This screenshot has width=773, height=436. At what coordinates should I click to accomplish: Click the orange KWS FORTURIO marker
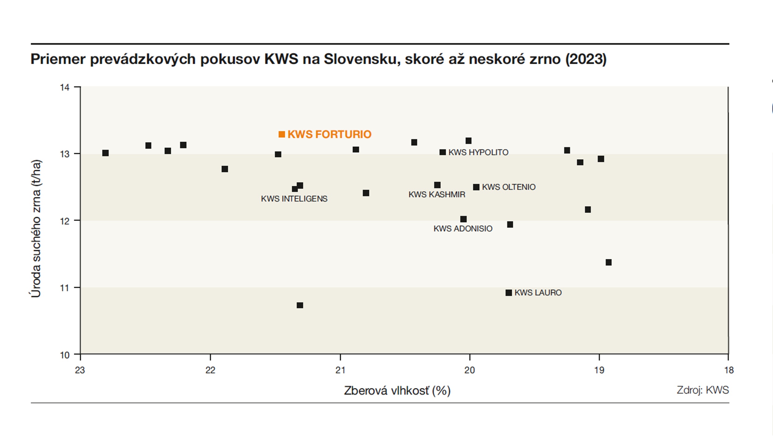click(281, 134)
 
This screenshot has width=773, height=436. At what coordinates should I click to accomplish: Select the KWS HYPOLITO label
click(478, 152)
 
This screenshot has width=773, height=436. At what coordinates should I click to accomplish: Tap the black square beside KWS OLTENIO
click(476, 187)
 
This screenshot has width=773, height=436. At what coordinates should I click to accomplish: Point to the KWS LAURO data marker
click(509, 293)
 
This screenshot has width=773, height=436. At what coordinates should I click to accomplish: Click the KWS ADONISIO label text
click(463, 229)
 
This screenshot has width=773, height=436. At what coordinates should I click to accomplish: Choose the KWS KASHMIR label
click(437, 194)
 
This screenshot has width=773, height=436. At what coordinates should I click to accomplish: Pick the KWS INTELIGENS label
click(294, 199)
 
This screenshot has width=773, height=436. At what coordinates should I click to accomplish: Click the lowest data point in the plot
click(300, 305)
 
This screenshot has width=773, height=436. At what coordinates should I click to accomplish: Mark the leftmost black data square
click(105, 153)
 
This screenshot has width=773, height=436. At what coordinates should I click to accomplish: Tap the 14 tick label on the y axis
click(65, 87)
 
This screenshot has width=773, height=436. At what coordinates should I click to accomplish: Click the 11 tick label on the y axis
click(65, 288)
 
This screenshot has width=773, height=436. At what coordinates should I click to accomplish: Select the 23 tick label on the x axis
click(80, 370)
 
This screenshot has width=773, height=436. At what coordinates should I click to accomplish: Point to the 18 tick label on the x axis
click(729, 370)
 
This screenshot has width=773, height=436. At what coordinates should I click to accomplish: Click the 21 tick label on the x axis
click(340, 370)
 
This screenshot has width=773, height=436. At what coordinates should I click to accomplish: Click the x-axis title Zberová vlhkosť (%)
click(397, 391)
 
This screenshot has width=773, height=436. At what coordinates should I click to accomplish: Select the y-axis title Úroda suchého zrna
click(36, 229)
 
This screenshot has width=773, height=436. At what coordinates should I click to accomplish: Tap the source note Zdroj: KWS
click(703, 390)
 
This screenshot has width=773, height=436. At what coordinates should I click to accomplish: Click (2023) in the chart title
click(586, 59)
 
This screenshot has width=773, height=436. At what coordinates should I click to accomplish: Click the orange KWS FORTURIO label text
click(329, 134)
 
